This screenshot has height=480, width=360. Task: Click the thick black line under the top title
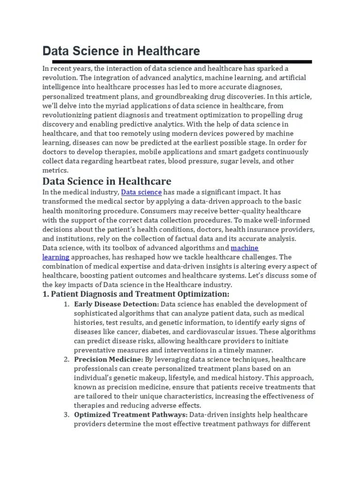182,61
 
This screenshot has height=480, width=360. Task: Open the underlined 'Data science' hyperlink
142,192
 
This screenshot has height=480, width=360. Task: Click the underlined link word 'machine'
245,247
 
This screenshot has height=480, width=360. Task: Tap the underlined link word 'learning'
56,257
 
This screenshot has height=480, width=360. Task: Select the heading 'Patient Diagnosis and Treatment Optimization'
140,294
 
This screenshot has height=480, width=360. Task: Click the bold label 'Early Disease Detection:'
110,304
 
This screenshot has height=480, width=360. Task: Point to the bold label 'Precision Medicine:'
102,359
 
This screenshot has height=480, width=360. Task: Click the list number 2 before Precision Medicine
66,359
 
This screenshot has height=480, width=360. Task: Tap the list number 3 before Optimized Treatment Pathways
66,415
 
